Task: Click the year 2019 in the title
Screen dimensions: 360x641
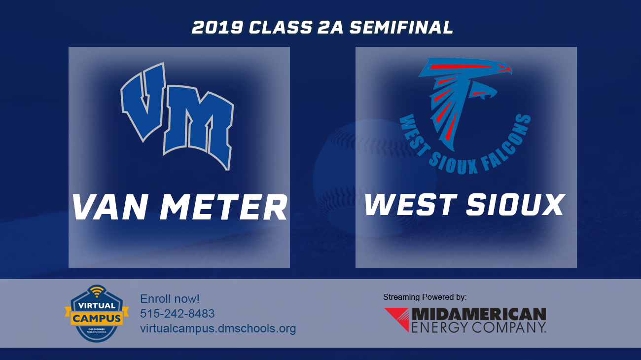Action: click(x=217, y=28)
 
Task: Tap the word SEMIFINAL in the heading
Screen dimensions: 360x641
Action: click(x=401, y=28)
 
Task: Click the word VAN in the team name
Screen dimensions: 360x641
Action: click(x=111, y=207)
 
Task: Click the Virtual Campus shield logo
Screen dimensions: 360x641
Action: click(x=97, y=313)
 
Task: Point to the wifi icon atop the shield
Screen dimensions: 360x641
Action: click(x=97, y=291)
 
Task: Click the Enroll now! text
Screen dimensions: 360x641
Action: click(x=170, y=299)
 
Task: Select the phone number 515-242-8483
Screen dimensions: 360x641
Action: click(x=178, y=314)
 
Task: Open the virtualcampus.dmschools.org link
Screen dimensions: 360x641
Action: click(x=218, y=328)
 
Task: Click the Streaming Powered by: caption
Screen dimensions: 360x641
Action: click(x=425, y=297)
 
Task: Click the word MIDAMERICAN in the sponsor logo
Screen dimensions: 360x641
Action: click(x=479, y=314)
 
